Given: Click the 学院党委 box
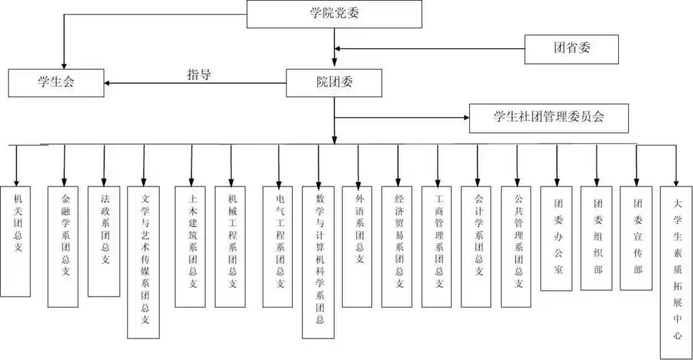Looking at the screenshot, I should pyautogui.click(x=334, y=14).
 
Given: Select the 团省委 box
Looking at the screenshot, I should pyautogui.click(x=571, y=49).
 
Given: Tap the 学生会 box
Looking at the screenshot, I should pyautogui.click(x=56, y=83).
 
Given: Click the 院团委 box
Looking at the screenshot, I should pyautogui.click(x=334, y=83).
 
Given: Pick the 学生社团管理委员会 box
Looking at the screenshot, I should pyautogui.click(x=550, y=118).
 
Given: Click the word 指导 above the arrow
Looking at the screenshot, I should pyautogui.click(x=199, y=74).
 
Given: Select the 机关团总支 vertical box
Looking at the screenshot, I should pyautogui.click(x=16, y=240).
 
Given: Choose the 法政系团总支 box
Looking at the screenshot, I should pyautogui.click(x=104, y=240).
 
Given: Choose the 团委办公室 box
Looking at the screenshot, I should pyautogui.click(x=556, y=238).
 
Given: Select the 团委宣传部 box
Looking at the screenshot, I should pyautogui.click(x=636, y=238).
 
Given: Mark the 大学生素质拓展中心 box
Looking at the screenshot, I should pyautogui.click(x=676, y=266).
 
